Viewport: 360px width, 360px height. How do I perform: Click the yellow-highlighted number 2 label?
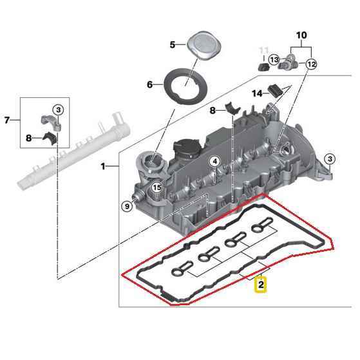point(261,285)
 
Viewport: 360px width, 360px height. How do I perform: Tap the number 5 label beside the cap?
point(173,44)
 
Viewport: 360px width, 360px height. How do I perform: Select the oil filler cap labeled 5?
point(204,45)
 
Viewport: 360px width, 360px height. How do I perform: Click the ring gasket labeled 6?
point(185,86)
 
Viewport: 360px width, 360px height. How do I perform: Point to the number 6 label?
point(149,84)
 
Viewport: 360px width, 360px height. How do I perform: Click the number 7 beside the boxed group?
point(7,120)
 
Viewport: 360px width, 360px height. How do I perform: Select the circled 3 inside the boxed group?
point(59,110)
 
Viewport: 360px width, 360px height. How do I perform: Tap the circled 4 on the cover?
point(214,162)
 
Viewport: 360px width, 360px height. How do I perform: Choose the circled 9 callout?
point(127,206)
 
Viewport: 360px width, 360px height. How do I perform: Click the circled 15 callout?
point(157,187)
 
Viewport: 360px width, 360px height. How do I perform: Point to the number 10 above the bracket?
point(301,35)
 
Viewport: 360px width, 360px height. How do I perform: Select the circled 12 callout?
point(311,64)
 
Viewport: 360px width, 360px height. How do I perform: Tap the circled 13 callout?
point(274,60)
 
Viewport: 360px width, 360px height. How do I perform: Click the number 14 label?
point(257,93)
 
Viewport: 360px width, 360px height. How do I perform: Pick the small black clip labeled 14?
point(275,91)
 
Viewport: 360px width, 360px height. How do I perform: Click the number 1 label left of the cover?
point(103,166)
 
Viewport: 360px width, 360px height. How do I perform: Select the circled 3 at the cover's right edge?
point(330,159)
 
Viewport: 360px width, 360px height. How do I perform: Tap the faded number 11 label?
point(263,50)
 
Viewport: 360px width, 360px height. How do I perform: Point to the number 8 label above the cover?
point(213,111)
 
